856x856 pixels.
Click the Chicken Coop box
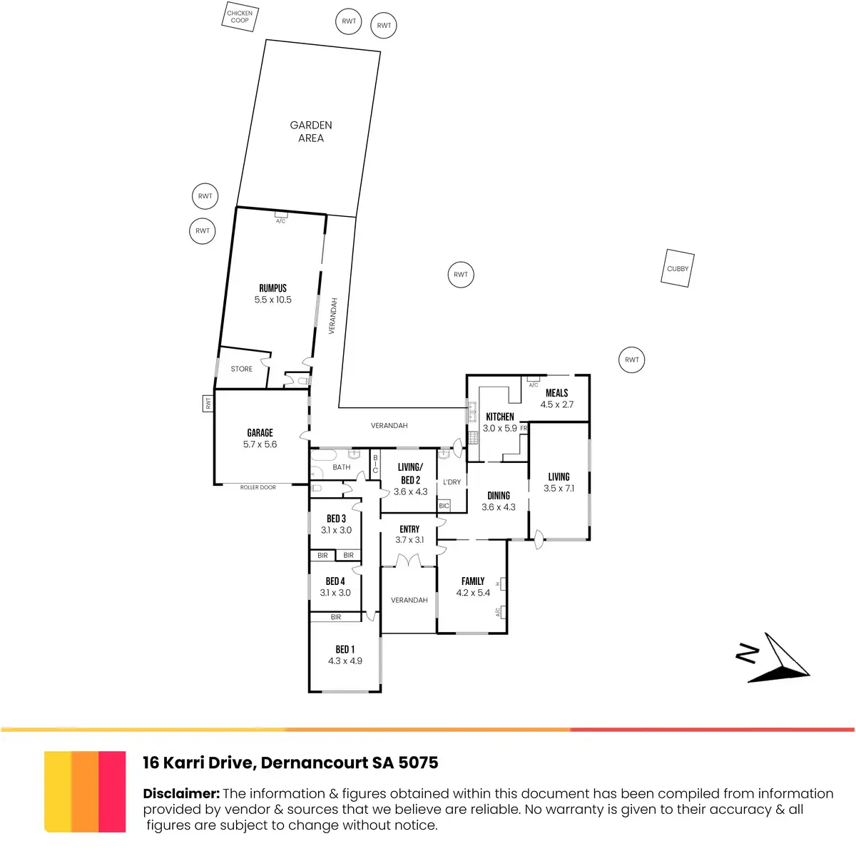point(240,17)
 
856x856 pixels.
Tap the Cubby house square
point(678,269)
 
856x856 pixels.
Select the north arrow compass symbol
point(778,658)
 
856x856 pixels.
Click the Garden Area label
point(311,131)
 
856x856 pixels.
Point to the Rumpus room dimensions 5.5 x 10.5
point(273,300)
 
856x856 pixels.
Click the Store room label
point(242,369)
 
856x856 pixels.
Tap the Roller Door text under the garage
point(258,487)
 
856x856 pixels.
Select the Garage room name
point(260,433)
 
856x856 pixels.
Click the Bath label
point(342,467)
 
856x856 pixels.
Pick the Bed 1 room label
point(345,649)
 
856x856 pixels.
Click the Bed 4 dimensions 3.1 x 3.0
point(335,593)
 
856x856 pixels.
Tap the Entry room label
point(409,529)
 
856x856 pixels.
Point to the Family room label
point(473,581)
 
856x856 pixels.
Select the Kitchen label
point(500,417)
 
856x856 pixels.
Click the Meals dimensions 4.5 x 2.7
point(557,404)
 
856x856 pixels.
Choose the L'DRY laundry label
point(452,482)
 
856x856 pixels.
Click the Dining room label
point(499,496)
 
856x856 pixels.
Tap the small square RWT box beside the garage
point(208,403)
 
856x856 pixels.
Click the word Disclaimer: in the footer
point(181,793)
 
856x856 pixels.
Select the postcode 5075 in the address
point(418,763)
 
